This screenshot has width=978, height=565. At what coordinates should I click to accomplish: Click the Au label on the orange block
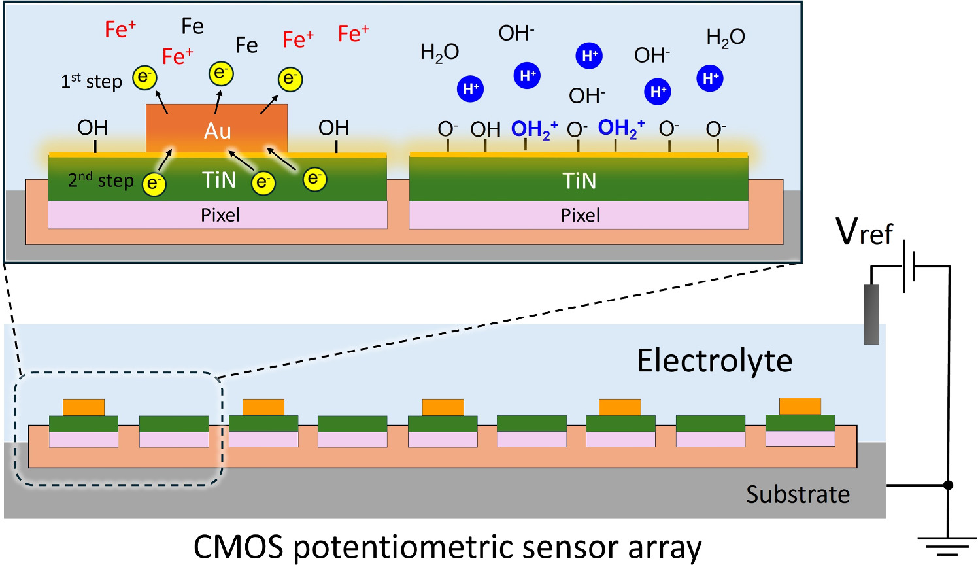coord(217,131)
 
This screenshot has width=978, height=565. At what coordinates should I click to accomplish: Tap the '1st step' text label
coord(92,82)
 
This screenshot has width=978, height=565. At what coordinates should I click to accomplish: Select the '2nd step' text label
coord(101,180)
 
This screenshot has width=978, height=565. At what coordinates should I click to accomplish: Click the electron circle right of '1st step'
coord(144,77)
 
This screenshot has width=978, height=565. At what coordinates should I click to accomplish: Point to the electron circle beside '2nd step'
coord(154,184)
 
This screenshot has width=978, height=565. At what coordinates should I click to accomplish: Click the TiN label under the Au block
coord(218,180)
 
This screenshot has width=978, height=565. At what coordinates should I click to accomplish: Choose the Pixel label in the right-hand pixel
coord(580,215)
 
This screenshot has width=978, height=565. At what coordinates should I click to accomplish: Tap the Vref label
coord(864,231)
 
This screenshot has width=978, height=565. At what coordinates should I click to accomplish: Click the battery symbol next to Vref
coord(909,266)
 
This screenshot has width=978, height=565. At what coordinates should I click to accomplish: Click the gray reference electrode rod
coord(871,314)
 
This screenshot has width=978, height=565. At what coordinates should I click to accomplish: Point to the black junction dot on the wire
coord(948,485)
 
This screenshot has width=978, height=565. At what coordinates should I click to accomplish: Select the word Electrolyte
coord(715,361)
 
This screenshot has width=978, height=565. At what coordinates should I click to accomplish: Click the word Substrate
coord(798,494)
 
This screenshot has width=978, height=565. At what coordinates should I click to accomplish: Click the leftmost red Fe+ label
coord(120,29)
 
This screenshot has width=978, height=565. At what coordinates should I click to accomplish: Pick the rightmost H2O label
coord(726,37)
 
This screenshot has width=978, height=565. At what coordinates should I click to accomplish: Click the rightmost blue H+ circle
coord(710,78)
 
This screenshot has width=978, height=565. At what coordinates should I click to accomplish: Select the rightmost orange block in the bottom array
coord(800,406)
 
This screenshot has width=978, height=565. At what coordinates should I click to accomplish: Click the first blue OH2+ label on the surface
coord(534,129)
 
